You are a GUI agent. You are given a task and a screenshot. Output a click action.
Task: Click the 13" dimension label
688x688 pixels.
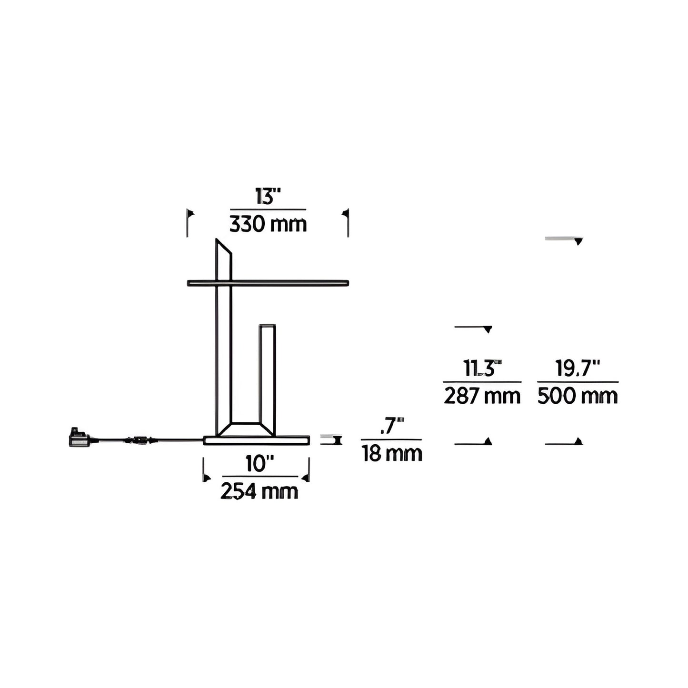coord(268,196)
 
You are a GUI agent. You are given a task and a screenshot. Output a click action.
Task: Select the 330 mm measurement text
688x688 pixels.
coord(268,224)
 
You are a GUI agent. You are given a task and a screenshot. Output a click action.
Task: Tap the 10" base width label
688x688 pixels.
coord(260,464)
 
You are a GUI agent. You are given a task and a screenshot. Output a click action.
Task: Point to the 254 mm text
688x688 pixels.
coord(259,491)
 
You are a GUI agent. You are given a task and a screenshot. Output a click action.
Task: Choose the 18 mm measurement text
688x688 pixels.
coord(392,454)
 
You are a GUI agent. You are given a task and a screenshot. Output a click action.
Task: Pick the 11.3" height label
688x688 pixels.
coord(482,369)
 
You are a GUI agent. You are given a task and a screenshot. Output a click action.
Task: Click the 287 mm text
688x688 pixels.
coord(482,396)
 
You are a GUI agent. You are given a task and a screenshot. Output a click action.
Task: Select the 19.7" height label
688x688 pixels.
coord(578,369)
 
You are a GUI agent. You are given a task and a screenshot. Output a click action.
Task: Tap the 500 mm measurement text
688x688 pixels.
coord(578,396)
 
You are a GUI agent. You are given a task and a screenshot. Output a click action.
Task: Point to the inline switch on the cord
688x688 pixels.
coord(139,439)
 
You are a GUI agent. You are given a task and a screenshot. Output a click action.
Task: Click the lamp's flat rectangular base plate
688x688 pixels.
coord(257,440)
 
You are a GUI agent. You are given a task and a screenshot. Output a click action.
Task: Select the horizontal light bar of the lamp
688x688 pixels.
coord(268,283)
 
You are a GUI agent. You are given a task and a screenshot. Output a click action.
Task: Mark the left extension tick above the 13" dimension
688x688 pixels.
coord(189,222)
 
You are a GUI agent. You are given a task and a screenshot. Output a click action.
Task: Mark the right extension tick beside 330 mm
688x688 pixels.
coord(347,222)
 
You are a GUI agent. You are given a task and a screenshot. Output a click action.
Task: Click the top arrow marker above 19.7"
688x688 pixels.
coord(578,241)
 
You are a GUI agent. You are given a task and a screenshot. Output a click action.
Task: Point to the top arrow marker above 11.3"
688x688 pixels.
coord(488,329)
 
